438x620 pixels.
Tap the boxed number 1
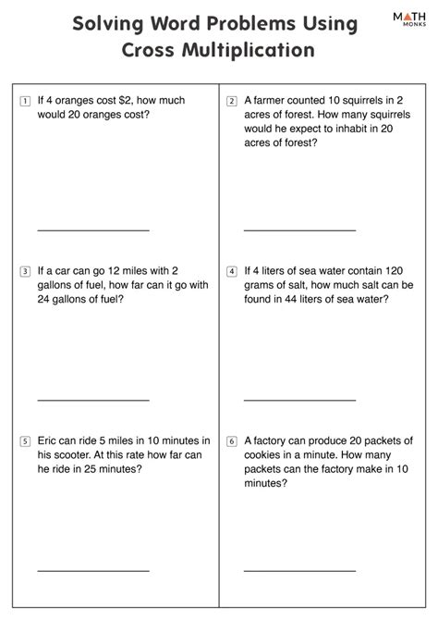24,100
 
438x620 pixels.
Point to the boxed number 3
24,272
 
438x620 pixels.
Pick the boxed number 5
24,441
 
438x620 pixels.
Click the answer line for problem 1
92,229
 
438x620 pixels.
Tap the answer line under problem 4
299,400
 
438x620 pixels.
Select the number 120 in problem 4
394,271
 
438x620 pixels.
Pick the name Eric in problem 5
49,441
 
